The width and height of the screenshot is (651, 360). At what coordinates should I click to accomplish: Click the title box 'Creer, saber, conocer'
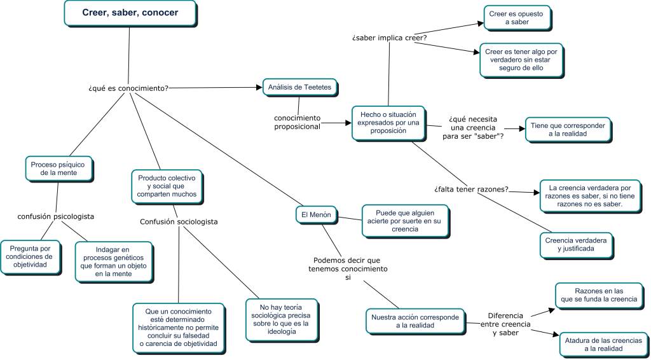click(x=130, y=13)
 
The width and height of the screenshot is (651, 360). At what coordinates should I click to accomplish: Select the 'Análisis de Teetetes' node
click(x=301, y=87)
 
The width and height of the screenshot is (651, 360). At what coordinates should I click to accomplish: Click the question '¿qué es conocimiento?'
click(x=128, y=88)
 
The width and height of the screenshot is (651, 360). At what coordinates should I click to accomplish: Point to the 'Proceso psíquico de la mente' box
click(x=59, y=169)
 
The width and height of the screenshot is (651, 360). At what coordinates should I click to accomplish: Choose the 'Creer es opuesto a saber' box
click(x=517, y=18)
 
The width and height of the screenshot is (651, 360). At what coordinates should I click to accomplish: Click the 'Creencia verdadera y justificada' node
click(x=576, y=245)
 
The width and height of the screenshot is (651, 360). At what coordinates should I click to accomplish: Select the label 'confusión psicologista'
click(x=56, y=216)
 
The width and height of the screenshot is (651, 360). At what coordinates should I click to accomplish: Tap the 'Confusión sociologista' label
click(x=179, y=222)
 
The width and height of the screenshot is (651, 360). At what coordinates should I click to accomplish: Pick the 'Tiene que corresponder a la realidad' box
click(x=568, y=130)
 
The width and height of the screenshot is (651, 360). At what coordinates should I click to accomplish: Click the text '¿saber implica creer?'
click(x=390, y=38)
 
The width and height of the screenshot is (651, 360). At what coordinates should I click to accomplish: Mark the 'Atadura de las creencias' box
click(x=603, y=344)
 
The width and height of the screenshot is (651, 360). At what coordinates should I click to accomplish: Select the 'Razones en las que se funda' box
click(x=599, y=295)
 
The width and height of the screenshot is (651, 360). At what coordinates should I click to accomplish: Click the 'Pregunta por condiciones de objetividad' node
click(x=30, y=256)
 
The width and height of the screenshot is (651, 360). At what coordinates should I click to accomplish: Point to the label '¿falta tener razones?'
click(x=471, y=190)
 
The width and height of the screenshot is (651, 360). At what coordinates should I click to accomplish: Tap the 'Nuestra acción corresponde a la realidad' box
click(x=415, y=321)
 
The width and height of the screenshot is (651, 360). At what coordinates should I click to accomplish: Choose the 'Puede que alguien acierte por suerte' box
click(x=405, y=221)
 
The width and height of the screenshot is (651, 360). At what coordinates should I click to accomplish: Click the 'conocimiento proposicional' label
click(x=298, y=123)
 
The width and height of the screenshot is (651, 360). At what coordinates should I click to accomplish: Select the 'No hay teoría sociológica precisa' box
click(x=282, y=319)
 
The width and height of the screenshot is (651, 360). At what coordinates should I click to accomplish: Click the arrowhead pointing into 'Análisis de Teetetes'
click(x=260, y=88)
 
